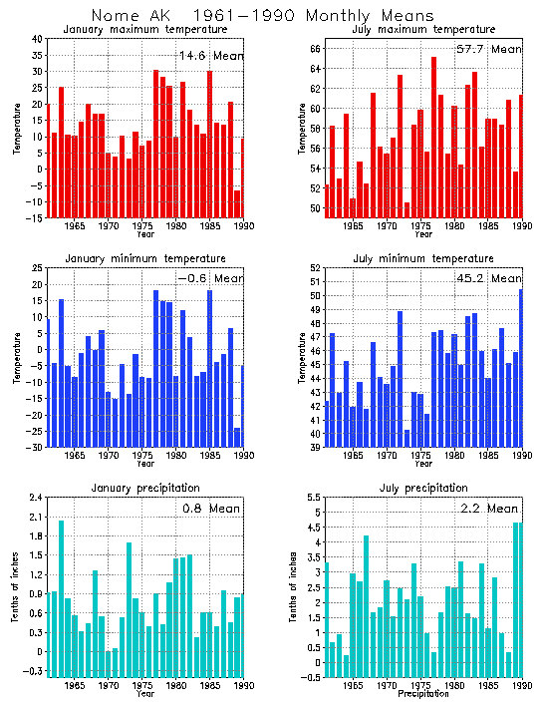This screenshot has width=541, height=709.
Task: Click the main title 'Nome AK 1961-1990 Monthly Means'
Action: click(262, 16)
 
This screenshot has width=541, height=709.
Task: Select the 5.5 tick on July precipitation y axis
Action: click(314, 498)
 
